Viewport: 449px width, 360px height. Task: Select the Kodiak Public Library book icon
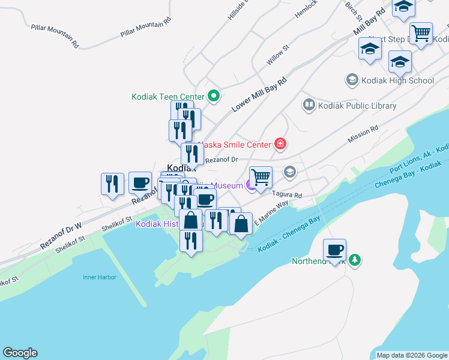(x=309, y=106)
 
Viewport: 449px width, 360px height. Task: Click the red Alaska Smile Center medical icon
(x=280, y=143)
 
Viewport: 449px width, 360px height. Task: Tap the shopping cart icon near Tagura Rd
(x=261, y=177)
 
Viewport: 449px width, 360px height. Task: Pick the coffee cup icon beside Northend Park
(x=334, y=250)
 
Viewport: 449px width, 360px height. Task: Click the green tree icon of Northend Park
(x=355, y=260)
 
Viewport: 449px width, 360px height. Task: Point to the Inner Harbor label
(x=99, y=277)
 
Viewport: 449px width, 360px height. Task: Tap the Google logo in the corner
(x=20, y=353)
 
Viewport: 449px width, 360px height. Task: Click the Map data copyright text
(x=411, y=355)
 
